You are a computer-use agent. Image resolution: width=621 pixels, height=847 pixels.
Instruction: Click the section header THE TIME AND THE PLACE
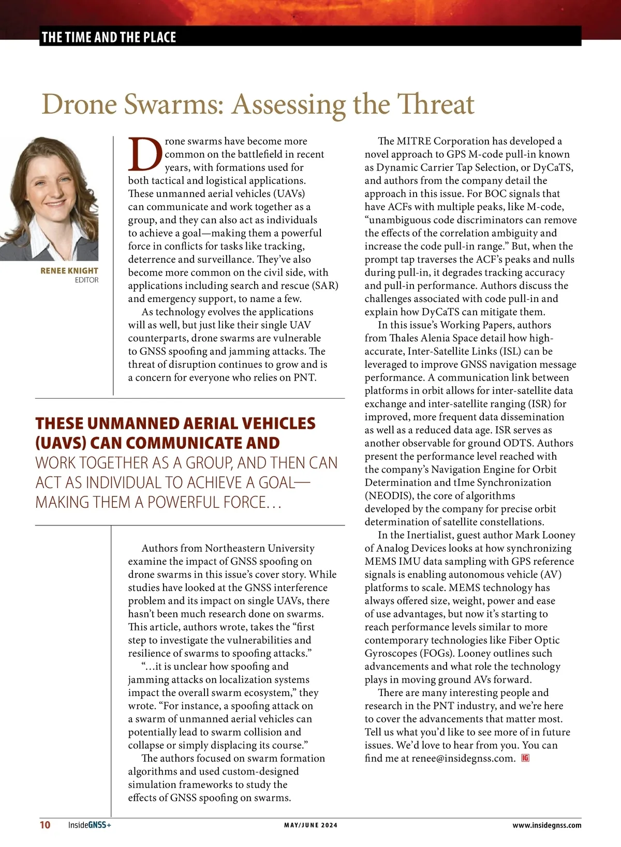[x=109, y=37]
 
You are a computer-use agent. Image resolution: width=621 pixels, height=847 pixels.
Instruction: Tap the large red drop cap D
[x=145, y=154]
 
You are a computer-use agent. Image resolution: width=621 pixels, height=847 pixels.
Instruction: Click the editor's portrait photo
[x=49, y=199]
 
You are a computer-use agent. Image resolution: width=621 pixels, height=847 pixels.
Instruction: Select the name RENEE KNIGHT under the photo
[x=69, y=270]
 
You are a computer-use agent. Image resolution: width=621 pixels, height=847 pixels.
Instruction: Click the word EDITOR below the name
[x=86, y=280]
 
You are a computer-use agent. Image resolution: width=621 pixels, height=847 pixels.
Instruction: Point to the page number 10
[x=45, y=825]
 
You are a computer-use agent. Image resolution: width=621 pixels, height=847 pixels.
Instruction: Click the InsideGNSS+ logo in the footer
[x=90, y=825]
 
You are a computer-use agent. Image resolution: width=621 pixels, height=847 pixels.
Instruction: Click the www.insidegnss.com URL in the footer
[x=546, y=825]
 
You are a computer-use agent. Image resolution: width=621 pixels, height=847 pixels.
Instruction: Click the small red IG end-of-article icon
[x=526, y=758]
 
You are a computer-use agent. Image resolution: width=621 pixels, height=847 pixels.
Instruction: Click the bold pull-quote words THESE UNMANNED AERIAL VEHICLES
[x=175, y=424]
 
